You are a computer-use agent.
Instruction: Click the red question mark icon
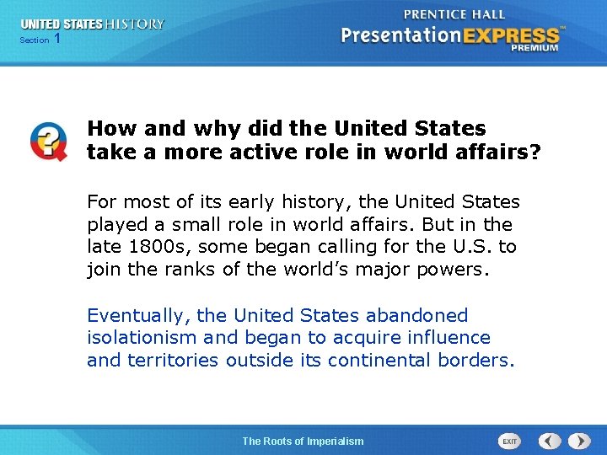click(48, 141)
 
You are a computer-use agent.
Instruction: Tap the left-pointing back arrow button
click(550, 441)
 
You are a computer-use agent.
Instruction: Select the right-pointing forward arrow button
click(578, 441)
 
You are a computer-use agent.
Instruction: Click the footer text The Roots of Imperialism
click(303, 441)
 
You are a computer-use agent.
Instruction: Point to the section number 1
click(56, 39)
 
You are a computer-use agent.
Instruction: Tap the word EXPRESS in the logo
click(515, 35)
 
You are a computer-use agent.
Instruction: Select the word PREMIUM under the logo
click(534, 49)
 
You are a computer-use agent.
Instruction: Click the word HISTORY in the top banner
click(134, 24)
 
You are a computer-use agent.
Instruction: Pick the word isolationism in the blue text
click(142, 338)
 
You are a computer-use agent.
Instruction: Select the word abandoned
click(416, 316)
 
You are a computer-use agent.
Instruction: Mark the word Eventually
click(138, 316)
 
